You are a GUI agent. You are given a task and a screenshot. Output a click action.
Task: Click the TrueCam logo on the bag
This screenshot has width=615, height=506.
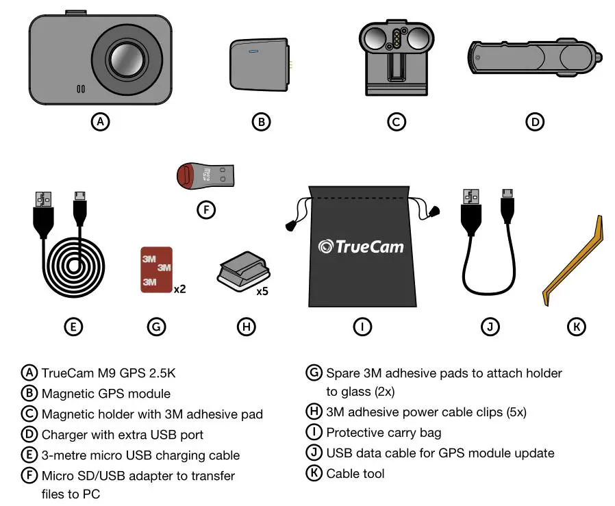coord(361,246)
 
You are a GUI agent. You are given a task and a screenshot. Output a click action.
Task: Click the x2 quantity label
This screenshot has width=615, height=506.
coord(179,290)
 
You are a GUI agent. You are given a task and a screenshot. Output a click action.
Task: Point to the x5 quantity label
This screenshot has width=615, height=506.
coord(262,291)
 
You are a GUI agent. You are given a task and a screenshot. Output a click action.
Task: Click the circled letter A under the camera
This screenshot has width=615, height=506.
coord(101,122)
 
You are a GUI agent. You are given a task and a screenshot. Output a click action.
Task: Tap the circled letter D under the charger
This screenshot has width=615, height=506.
coord(534,122)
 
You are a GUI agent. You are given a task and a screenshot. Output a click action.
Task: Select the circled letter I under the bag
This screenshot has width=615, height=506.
coord(362,327)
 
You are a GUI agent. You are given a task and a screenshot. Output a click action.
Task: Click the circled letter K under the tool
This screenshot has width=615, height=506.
coord(577,327)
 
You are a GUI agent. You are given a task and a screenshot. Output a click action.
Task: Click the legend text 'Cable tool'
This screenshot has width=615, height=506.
coord(355,473)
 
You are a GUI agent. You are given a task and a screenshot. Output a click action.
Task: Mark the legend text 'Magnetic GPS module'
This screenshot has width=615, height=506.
coord(106,394)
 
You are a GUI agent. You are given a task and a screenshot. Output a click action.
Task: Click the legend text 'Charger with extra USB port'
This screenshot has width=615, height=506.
coord(123,435)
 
